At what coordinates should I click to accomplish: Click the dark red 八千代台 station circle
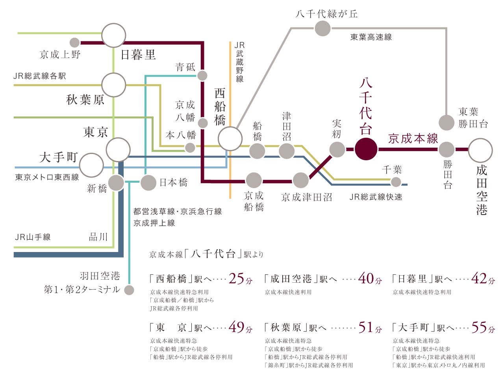click(x=366, y=149)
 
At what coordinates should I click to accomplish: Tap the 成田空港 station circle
click(x=480, y=150)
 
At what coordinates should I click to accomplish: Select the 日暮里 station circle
click(x=114, y=35)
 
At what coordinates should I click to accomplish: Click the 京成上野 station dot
click(x=74, y=43)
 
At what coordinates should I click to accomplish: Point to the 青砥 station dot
click(x=202, y=76)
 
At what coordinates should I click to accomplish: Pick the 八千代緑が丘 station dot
click(x=322, y=28)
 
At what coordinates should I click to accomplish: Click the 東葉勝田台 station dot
click(x=447, y=122)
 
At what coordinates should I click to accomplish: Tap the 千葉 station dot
click(x=396, y=182)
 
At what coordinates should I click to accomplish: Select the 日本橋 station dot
click(x=148, y=182)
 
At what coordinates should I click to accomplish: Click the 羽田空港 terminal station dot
click(x=129, y=290)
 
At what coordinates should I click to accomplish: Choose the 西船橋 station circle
click(x=230, y=139)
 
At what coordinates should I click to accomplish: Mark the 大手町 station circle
click(x=91, y=165)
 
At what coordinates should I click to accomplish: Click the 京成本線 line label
click(x=413, y=139)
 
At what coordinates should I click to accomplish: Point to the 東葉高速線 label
click(x=371, y=37)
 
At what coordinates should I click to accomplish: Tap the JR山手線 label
click(x=33, y=237)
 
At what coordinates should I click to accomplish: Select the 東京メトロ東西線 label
click(x=47, y=177)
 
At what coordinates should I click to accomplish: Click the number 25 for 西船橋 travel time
click(x=236, y=279)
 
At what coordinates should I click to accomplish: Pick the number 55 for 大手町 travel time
click(x=479, y=327)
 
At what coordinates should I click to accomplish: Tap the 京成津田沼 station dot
click(x=301, y=180)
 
